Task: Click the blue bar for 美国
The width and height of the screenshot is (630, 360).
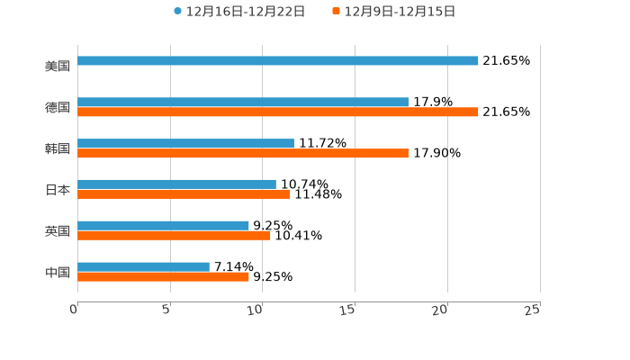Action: pos(278,61)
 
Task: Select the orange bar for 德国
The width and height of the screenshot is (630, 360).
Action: pos(278,112)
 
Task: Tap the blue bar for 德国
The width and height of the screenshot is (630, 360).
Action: pos(243,103)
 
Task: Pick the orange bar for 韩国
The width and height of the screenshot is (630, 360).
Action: pos(243,154)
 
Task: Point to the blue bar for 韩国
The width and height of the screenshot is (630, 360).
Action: pos(185,144)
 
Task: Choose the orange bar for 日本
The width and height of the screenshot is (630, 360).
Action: pos(184,194)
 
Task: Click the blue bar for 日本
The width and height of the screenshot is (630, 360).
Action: pos(176,184)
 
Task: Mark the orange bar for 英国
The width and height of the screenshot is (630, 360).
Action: pos(174,236)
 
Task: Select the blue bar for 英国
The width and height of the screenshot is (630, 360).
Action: pos(163,226)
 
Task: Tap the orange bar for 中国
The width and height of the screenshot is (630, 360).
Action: pos(163,277)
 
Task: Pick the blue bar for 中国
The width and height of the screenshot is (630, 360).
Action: pos(143,267)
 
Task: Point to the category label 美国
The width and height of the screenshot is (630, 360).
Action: pos(58,67)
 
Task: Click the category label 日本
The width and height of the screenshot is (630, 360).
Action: pos(58,190)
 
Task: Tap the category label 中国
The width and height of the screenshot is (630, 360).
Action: pos(58,273)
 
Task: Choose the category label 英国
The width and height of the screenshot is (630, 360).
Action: pos(58,231)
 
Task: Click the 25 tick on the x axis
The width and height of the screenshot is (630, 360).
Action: pos(532,310)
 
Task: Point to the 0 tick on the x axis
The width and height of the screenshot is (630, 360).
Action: pos(75,310)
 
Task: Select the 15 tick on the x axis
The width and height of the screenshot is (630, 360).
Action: pos(347,310)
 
